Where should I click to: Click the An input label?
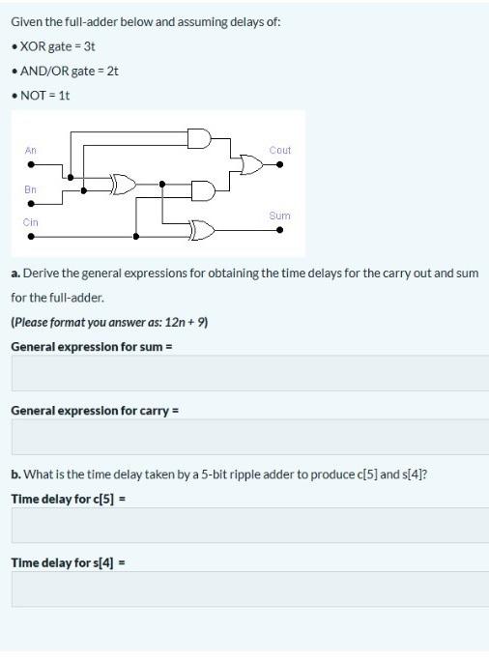(x=31, y=150)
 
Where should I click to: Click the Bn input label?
(x=31, y=189)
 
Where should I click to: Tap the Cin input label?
(x=31, y=222)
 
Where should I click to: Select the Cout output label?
(x=280, y=150)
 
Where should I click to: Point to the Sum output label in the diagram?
(x=279, y=216)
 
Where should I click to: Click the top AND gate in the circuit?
(x=199, y=138)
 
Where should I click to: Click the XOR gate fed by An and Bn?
(x=123, y=184)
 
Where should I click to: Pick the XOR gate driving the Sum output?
(x=202, y=230)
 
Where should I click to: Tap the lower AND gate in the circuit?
(x=204, y=190)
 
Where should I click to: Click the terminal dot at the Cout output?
(x=280, y=165)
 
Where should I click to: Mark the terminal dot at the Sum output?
(x=280, y=230)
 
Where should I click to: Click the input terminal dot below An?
(x=31, y=165)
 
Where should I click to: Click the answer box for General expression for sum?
(x=250, y=373)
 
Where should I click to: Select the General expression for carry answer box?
(x=250, y=437)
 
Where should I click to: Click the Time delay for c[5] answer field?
(x=250, y=526)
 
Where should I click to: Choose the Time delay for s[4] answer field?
(x=250, y=589)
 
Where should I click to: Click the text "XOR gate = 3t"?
(x=58, y=45)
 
